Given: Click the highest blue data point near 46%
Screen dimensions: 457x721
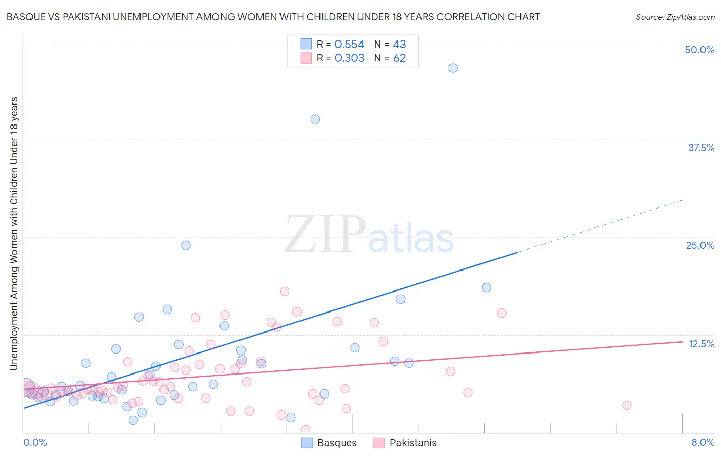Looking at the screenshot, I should coord(453,68).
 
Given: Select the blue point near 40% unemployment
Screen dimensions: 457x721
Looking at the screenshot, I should coord(315,119).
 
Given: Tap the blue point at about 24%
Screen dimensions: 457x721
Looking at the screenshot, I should coord(186,245).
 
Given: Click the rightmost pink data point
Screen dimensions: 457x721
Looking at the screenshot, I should coord(627,405).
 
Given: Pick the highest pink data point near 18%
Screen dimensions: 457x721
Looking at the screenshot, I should coord(285,291).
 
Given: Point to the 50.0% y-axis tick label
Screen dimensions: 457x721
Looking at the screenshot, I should coord(699,50).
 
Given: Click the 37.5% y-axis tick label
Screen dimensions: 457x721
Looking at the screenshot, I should coord(701,148).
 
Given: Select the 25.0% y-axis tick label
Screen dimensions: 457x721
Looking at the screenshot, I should coord(700,245).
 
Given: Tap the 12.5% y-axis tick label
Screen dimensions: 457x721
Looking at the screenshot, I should coord(701,344).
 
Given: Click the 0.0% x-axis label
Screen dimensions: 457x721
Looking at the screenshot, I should coord(35,442).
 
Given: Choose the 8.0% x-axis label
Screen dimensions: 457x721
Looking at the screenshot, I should coord(703,442).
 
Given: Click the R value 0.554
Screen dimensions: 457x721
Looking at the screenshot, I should coord(349,45).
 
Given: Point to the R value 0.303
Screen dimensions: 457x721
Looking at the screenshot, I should coord(349,58).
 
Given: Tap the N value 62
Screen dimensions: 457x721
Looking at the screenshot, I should coord(399,58).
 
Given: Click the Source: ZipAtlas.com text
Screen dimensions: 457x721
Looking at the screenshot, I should coord(675,17).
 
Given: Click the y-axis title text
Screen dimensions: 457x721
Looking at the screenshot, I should coord(14,233).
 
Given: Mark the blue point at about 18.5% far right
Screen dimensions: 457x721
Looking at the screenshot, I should coord(486,287).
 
